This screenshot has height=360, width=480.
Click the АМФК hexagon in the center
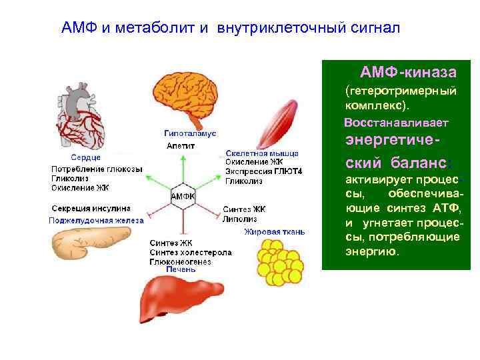point(183,196)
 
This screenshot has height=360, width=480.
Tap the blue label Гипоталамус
point(190,133)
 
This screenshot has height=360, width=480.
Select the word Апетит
point(181,145)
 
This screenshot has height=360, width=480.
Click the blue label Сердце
point(86,157)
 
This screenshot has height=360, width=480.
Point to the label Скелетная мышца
point(253,153)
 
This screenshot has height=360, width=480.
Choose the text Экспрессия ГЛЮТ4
point(263,171)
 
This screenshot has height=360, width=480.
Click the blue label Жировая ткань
point(274,232)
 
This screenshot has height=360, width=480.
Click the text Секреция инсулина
point(91,208)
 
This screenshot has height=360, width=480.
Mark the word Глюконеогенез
point(180,261)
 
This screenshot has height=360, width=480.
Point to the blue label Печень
point(181,269)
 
